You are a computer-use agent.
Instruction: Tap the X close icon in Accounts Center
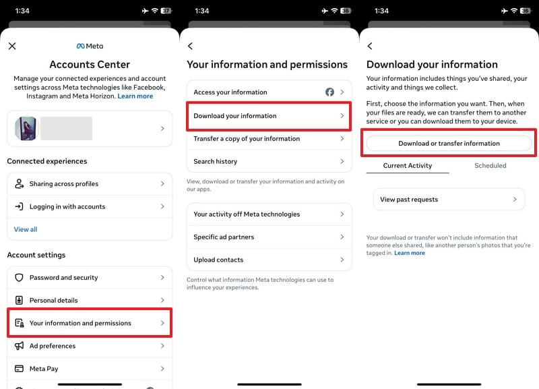tap(12, 46)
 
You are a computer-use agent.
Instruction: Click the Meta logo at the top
tap(90, 47)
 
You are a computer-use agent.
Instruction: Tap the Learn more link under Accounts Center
tap(135, 96)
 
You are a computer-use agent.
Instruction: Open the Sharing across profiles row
tap(90, 184)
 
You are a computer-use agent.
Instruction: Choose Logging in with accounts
tap(90, 207)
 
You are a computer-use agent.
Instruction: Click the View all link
tap(26, 229)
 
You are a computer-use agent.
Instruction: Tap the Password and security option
tap(90, 278)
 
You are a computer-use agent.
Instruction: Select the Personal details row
tap(90, 301)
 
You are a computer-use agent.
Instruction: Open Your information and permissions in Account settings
tap(90, 324)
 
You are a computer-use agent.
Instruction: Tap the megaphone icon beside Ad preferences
tap(19, 346)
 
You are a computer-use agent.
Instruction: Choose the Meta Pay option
tap(90, 369)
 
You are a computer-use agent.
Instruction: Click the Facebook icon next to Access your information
tap(330, 92)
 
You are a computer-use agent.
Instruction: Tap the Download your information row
tap(269, 116)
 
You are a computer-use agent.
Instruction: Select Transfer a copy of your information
tap(269, 139)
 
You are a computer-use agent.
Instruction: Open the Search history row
tap(269, 162)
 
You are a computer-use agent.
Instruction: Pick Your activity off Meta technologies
tap(269, 214)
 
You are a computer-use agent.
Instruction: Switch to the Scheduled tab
tap(490, 165)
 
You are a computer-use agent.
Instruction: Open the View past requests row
tap(449, 200)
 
